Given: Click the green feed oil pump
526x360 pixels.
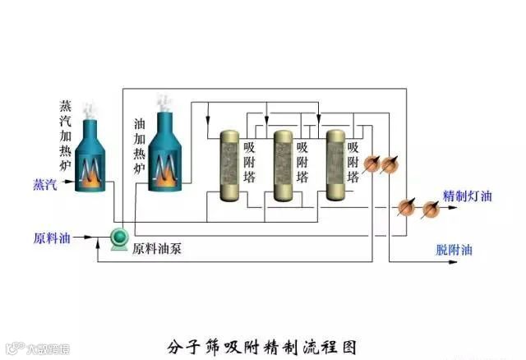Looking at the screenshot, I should [120, 238].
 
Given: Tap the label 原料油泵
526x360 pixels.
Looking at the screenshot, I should [157, 247].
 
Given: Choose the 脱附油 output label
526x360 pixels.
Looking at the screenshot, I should [454, 250].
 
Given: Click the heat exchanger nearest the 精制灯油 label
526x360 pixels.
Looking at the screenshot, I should [430, 209].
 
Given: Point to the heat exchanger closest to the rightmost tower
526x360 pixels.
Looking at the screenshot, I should [371, 164].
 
